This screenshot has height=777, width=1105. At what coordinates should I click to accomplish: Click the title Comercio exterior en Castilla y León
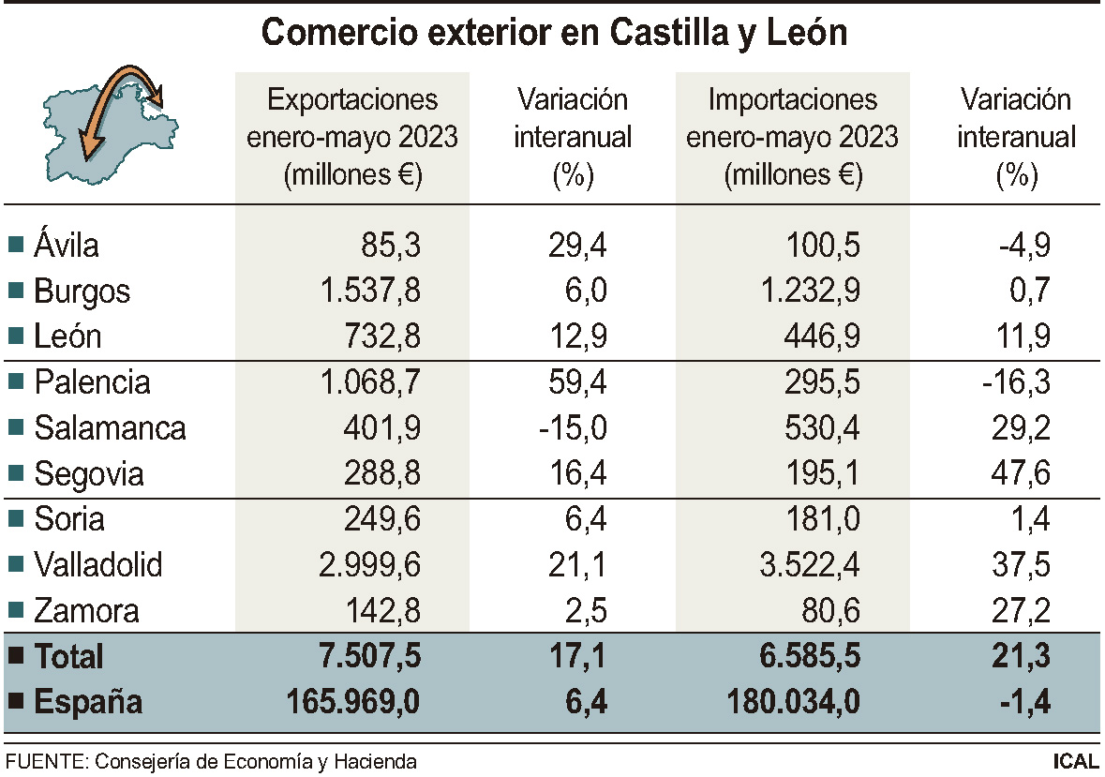click(554, 33)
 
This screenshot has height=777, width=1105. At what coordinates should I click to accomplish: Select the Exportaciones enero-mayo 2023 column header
click(351, 137)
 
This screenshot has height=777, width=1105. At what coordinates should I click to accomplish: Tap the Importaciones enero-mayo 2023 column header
click(793, 137)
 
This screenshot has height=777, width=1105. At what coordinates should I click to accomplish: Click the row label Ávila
click(67, 246)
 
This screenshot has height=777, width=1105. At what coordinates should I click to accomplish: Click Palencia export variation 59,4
click(577, 382)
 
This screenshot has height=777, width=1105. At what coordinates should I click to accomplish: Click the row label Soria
click(69, 519)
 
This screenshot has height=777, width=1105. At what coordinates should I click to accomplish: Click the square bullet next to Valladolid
click(15, 565)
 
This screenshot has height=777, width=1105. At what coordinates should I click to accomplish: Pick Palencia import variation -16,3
click(1018, 382)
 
